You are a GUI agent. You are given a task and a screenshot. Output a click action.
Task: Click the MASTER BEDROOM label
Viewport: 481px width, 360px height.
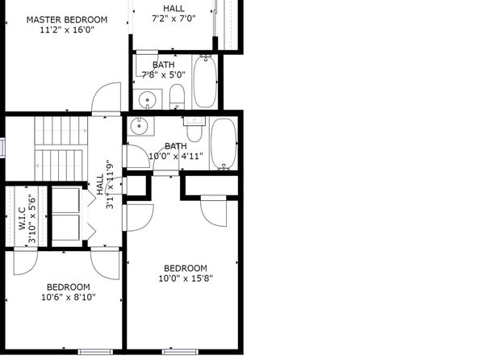[67, 19]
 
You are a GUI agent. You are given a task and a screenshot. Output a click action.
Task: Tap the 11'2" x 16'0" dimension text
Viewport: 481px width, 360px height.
[67, 30]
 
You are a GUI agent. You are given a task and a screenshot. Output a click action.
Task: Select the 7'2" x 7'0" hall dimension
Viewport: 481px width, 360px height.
[174, 19]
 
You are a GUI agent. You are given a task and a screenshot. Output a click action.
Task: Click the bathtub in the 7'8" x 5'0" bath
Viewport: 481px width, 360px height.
[205, 82]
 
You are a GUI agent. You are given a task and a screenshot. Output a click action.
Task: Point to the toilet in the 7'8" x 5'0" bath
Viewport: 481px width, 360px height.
[177, 96]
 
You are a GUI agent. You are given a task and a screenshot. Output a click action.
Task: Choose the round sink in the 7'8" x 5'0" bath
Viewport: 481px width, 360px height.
[147, 100]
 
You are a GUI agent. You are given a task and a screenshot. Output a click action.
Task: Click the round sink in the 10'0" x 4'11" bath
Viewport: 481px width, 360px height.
[140, 126]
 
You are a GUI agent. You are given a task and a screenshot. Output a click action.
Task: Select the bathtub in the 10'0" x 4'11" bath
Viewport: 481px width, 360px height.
[224, 144]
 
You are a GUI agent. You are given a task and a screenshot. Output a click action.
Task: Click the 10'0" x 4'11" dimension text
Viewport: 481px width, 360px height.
[176, 157]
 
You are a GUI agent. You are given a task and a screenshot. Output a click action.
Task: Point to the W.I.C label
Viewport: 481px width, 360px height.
[22, 219]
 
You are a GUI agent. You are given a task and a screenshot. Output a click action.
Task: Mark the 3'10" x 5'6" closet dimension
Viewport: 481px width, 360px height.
[32, 219]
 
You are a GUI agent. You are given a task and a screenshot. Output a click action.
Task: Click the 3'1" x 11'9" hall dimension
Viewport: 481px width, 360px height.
[110, 185]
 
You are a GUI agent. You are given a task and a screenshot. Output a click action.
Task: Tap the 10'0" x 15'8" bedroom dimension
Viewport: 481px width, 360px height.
[186, 278]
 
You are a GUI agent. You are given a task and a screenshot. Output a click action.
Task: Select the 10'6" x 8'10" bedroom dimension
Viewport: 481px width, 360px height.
[69, 297]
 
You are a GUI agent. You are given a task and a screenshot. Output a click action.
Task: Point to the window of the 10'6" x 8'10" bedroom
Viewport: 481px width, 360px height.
[95, 352]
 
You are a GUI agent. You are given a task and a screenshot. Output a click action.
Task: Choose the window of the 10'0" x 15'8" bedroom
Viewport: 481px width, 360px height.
[180, 352]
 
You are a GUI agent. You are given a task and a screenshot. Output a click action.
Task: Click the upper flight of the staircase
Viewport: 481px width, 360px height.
[61, 131]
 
